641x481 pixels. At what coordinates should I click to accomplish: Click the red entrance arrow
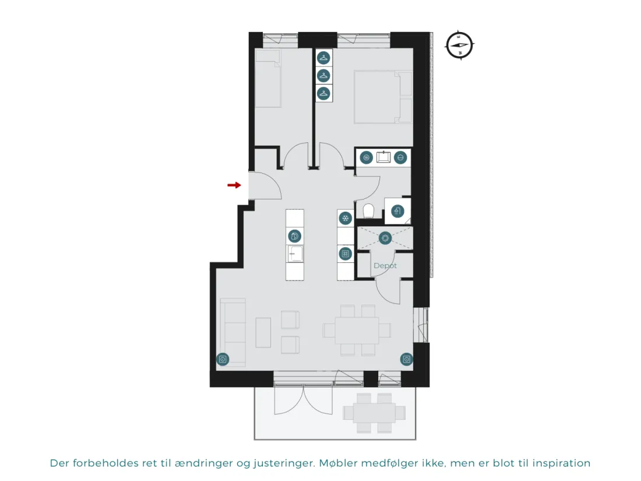tap(234, 185)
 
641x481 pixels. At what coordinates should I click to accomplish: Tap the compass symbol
tap(459, 45)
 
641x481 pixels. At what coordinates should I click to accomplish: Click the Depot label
tap(385, 266)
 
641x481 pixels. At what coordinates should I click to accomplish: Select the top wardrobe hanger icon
tap(323, 58)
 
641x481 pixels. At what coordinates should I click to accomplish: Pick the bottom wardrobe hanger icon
tap(323, 93)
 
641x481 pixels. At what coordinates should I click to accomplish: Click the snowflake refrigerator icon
tap(346, 219)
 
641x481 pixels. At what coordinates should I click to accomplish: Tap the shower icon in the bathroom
tap(397, 211)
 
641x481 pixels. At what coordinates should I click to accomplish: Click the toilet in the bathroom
tap(368, 211)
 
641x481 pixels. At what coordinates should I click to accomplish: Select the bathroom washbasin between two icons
tap(383, 157)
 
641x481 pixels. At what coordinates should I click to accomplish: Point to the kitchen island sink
tap(295, 254)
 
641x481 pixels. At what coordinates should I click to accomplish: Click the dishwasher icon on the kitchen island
tap(295, 236)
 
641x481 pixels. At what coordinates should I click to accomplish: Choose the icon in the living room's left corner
tap(223, 360)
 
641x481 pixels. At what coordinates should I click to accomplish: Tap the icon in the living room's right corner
tap(406, 360)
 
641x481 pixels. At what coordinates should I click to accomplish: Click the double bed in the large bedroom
tap(383, 97)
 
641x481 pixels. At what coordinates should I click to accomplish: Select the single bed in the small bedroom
tap(268, 79)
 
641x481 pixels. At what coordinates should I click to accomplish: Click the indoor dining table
tap(357, 331)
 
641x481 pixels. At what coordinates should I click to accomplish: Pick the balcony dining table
tap(375, 413)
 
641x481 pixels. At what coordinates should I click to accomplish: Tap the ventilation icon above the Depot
tap(385, 238)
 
